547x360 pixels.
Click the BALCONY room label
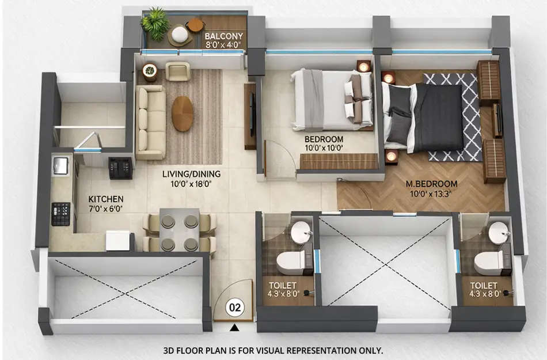pyautogui.click(x=224, y=36)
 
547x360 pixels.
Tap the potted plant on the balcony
pyautogui.click(x=155, y=23)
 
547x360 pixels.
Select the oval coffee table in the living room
pyautogui.click(x=183, y=113)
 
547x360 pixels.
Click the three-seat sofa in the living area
pyautogui.click(x=150, y=122)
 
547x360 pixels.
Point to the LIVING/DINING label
pyautogui.click(x=191, y=173)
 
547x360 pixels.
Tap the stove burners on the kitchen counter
pyautogui.click(x=60, y=213)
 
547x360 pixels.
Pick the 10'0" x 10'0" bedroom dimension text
pyautogui.click(x=324, y=148)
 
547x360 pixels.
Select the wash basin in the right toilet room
pyautogui.click(x=499, y=233)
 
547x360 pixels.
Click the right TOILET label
pyautogui.click(x=483, y=285)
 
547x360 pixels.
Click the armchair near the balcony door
pyautogui.click(x=177, y=71)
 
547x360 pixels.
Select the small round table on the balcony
pyautogui.click(x=195, y=25)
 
